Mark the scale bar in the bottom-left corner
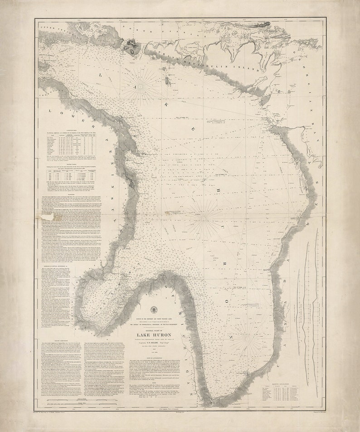pos(82,403)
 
